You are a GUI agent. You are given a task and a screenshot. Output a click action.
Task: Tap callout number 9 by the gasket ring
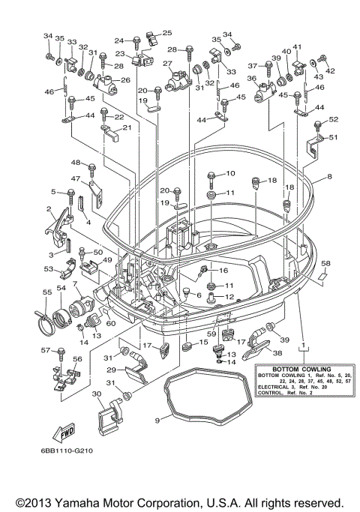click(157, 421)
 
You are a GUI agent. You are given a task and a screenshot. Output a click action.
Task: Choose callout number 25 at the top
click(166, 33)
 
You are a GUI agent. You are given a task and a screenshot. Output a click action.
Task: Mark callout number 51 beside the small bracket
click(334, 137)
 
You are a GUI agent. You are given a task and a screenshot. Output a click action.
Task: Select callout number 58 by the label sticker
click(325, 264)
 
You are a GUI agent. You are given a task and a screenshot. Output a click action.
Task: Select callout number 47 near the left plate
click(76, 179)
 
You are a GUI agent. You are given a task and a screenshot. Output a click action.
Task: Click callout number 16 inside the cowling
click(223, 270)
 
